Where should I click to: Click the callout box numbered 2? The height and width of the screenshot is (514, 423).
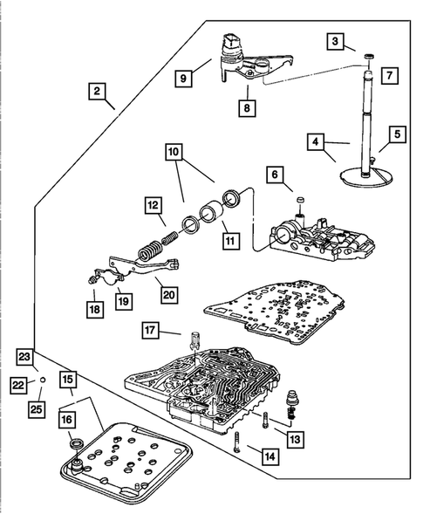click(97, 91)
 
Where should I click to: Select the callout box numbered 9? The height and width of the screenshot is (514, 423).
click(183, 78)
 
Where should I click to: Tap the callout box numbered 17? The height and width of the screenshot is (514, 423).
click(150, 330)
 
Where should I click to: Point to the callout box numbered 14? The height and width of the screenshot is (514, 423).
click(270, 456)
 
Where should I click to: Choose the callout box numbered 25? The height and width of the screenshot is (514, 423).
click(37, 409)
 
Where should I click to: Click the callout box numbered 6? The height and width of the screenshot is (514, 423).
click(275, 175)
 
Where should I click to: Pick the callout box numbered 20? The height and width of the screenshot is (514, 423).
click(169, 295)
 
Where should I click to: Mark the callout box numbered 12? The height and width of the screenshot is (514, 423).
click(154, 206)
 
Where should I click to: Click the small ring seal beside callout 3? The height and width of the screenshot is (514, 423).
click(370, 57)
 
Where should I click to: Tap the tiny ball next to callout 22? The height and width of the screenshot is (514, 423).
click(43, 380)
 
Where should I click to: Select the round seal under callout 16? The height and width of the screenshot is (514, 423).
click(78, 443)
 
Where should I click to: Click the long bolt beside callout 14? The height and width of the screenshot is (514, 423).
click(237, 442)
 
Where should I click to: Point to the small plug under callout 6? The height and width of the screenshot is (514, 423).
click(300, 200)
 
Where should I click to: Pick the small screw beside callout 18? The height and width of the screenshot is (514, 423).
click(92, 280)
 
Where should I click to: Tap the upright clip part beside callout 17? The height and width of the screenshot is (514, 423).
click(194, 341)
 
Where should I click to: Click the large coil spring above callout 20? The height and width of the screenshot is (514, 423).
click(149, 251)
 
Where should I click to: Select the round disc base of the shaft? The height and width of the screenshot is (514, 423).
click(365, 178)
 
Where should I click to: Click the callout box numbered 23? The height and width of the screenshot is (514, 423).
click(24, 357)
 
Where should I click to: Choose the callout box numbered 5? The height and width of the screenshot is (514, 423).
click(398, 134)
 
